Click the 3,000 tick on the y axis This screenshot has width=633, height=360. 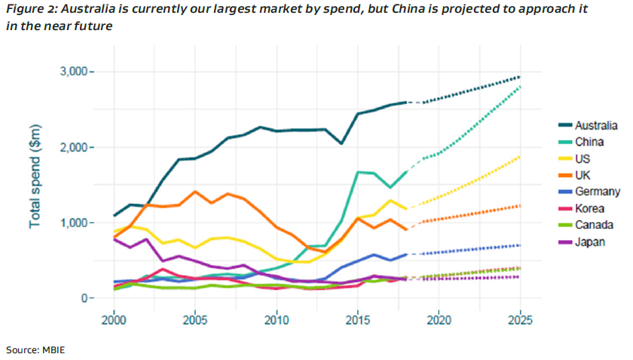click(x=74, y=72)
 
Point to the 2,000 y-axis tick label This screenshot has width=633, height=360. click(x=74, y=147)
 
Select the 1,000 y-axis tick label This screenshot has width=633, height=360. click(x=74, y=223)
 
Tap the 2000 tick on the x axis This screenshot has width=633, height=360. click(x=114, y=319)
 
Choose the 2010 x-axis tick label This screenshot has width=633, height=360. click(x=277, y=319)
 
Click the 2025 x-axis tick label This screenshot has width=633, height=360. click(x=520, y=319)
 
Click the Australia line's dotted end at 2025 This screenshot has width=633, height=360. click(x=519, y=77)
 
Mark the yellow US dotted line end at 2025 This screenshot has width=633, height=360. click(x=519, y=157)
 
